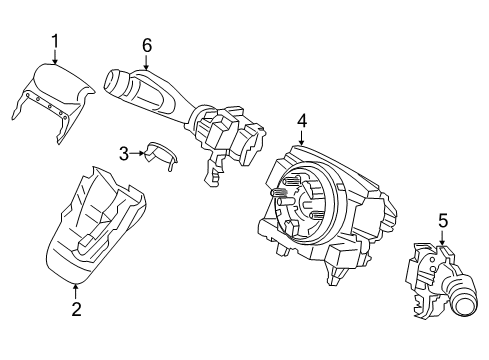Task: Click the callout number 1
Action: pos(55,41)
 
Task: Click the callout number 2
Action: pos(75,310)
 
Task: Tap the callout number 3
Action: pos(124,153)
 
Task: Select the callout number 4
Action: pos(301,122)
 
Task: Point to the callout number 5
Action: pos(443,220)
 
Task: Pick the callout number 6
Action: pos(146,45)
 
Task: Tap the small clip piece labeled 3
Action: pos(158,151)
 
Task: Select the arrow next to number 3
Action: pos(139,153)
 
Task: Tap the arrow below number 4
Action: pos(301,140)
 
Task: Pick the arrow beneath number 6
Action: pos(146,62)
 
